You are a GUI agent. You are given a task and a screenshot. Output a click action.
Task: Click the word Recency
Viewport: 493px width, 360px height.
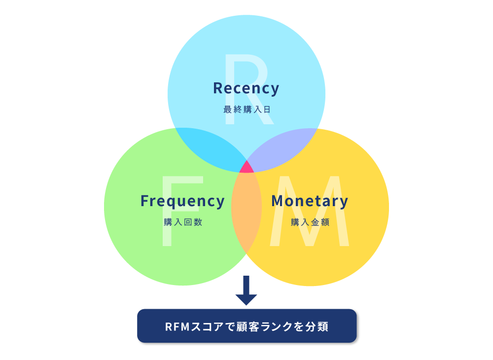[246, 88]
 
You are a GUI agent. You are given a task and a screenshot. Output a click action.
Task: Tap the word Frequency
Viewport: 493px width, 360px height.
[182, 201]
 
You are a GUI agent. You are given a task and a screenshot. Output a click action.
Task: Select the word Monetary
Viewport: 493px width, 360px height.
[310, 201]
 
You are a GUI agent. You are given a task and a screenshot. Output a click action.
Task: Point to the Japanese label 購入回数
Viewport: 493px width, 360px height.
[183, 222]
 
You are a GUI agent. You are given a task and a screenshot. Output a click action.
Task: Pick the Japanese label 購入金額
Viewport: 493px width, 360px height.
[310, 222]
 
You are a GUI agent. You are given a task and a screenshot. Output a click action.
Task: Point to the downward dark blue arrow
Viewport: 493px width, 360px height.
[246, 290]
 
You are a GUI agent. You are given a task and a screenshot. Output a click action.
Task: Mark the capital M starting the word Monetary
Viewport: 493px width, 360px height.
[277, 201]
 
